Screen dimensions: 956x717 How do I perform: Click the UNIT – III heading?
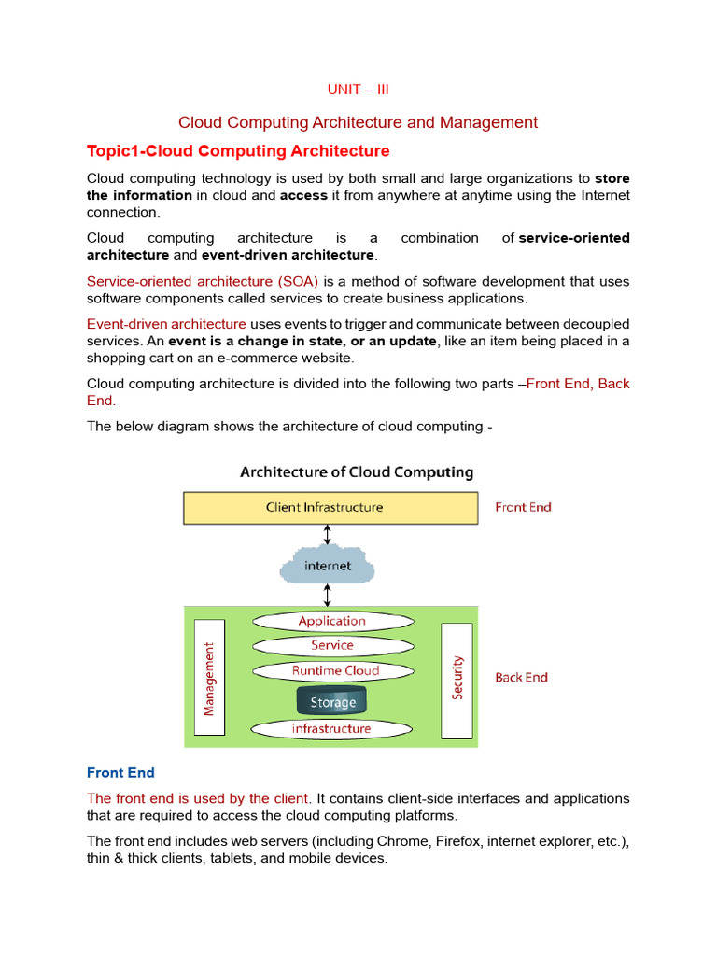(x=358, y=90)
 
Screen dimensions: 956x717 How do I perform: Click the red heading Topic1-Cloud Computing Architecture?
(x=238, y=151)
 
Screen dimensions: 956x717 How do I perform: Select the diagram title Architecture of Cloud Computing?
(x=357, y=472)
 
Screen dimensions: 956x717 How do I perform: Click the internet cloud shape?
(x=328, y=566)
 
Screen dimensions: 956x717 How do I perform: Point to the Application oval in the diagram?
(x=332, y=621)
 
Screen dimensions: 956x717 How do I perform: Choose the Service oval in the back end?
(x=332, y=645)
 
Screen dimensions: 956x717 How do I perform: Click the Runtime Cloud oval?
(x=334, y=670)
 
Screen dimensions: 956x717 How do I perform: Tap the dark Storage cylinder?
(x=332, y=701)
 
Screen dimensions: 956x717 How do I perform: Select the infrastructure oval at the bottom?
(x=331, y=728)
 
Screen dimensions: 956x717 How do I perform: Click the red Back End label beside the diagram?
(x=521, y=678)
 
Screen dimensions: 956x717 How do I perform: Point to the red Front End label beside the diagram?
(x=523, y=507)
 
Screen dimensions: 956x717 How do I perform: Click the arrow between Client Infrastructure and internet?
(x=327, y=535)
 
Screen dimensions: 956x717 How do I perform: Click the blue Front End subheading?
(x=120, y=773)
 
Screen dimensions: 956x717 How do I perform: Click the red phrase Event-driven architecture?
(x=166, y=324)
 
